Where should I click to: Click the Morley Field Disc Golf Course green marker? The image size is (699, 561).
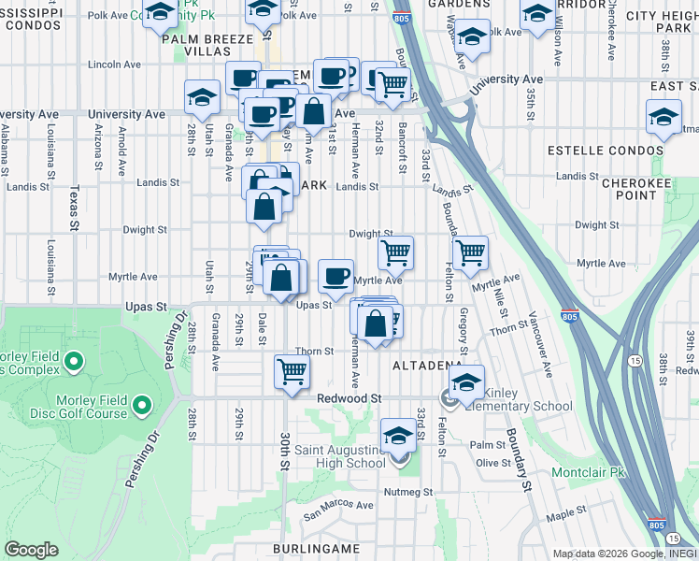click(x=141, y=406)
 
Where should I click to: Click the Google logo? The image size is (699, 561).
click(x=31, y=549)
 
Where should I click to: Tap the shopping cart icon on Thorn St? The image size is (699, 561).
click(x=292, y=370)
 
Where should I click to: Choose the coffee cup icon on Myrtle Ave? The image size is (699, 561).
click(x=335, y=276)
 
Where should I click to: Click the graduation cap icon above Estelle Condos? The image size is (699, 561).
click(x=663, y=119)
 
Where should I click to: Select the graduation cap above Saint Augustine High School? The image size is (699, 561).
click(x=399, y=435)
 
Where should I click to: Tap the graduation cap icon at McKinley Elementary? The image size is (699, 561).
click(x=466, y=381)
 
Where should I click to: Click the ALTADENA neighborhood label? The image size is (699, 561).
click(x=427, y=364)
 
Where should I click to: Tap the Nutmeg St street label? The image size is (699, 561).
click(x=407, y=491)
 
